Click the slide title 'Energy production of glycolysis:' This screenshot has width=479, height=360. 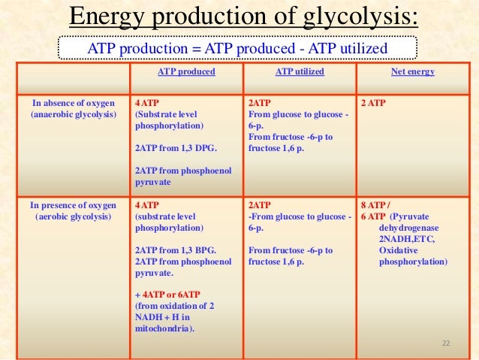tap(243, 16)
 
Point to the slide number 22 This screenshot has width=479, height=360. tap(446, 343)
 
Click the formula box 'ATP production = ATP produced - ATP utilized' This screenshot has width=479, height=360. tap(237, 49)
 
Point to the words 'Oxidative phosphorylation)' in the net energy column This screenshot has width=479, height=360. tap(413, 256)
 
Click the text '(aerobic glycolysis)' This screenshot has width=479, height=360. tap(73, 216)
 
